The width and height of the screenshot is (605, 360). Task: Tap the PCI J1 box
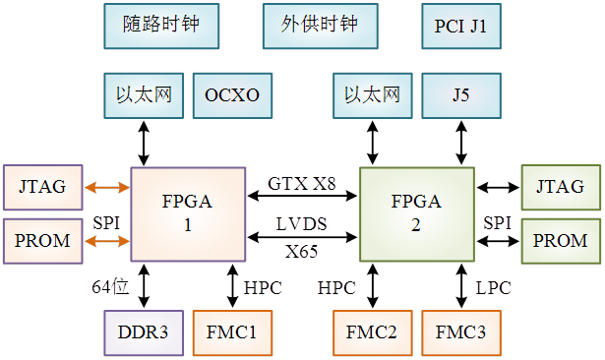point(461,26)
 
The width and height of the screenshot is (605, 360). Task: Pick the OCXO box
point(232,95)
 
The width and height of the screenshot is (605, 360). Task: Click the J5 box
point(461,95)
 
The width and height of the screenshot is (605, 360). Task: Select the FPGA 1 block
point(187,213)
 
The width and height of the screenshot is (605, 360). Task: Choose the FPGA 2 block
point(417,213)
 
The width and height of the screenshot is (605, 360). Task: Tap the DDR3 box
point(144,332)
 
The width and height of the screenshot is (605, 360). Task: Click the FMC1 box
point(232,332)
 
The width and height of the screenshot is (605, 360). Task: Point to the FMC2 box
point(372,332)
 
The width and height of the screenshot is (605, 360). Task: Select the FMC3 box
point(461,332)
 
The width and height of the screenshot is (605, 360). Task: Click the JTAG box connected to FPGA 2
point(560,187)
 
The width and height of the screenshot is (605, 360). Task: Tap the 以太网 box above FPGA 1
point(144,95)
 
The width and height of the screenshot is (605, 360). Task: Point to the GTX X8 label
point(302,183)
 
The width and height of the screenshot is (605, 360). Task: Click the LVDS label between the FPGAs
point(302,224)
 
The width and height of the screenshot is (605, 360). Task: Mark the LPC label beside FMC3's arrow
point(494,287)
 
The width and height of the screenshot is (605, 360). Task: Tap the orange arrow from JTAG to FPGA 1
point(108,187)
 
